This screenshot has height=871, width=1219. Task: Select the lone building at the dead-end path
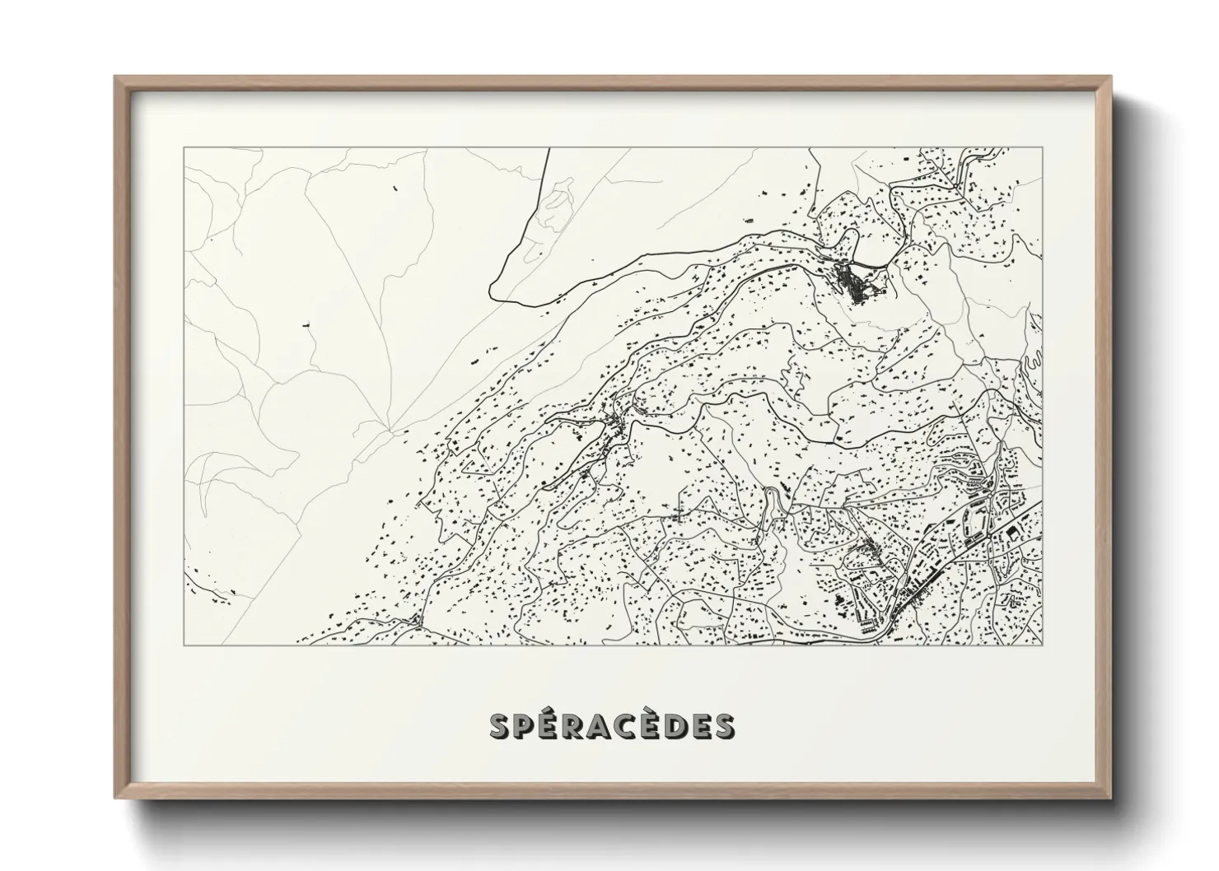307,327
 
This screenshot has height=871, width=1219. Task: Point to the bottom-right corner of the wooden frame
1111,798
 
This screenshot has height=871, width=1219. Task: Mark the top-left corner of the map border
184,148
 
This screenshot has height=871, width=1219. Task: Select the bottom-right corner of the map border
1042,645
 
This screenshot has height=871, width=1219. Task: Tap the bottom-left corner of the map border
184,645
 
